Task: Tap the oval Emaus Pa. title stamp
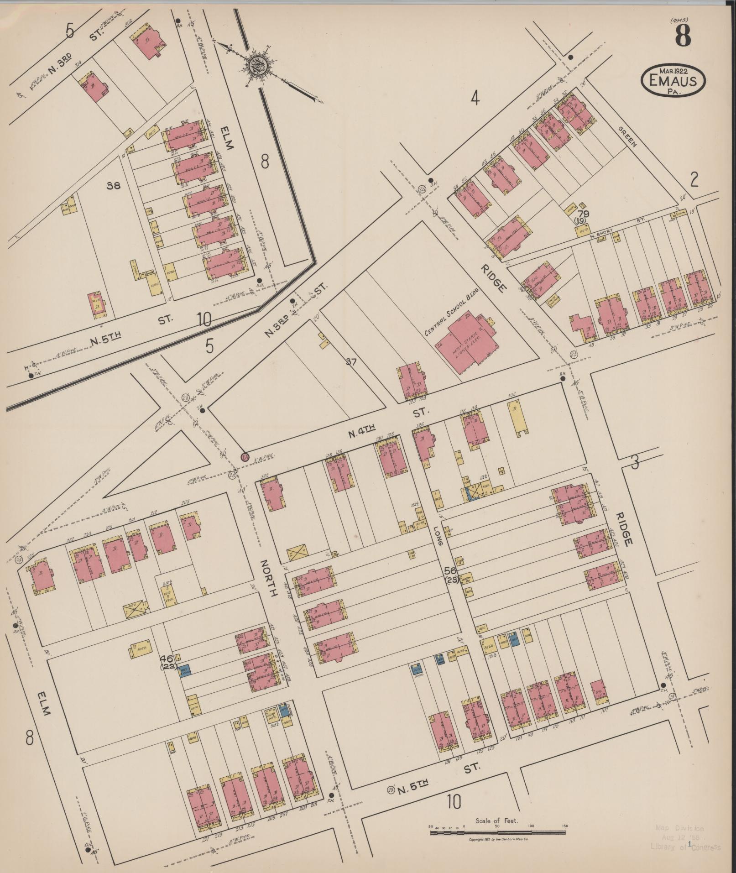(x=673, y=81)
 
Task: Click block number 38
(x=113, y=186)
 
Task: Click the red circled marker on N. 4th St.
(x=245, y=457)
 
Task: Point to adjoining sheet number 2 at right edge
(x=694, y=181)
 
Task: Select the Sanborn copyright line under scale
(x=498, y=839)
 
